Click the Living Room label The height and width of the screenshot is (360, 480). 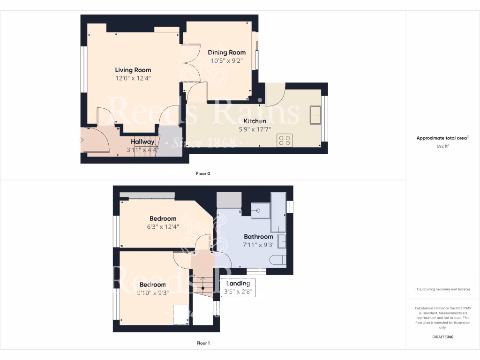(x=133, y=70)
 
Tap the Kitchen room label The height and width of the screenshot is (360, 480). (x=255, y=121)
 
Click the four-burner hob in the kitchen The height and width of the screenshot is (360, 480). (x=285, y=140)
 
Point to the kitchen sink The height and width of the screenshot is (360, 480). (x=315, y=114)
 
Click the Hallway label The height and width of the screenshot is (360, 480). (x=142, y=142)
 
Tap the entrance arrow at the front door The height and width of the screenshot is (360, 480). (x=82, y=140)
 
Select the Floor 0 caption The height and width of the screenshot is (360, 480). (x=203, y=173)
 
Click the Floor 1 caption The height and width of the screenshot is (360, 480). (x=203, y=343)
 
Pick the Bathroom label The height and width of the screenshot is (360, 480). (x=258, y=237)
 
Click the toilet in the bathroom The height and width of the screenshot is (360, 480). (x=277, y=260)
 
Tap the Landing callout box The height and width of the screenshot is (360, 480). (x=238, y=287)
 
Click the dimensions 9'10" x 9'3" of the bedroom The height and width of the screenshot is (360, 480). (x=152, y=293)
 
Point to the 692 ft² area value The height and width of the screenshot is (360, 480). (x=442, y=146)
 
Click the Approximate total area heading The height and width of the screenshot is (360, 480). (x=442, y=138)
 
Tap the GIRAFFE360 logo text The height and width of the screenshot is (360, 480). (x=442, y=337)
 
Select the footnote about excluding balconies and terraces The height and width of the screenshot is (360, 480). (x=442, y=289)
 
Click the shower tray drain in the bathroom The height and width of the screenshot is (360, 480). (x=258, y=210)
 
